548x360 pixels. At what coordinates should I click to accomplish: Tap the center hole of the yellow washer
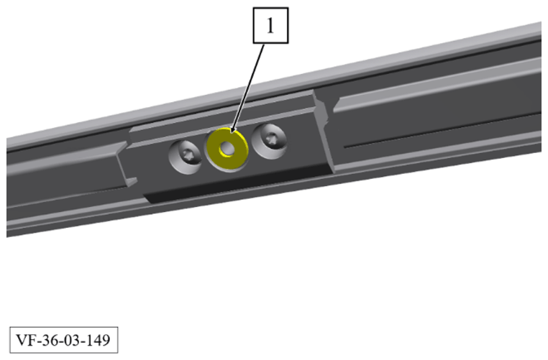click(x=227, y=149)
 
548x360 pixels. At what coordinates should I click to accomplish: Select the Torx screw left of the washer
click(x=186, y=157)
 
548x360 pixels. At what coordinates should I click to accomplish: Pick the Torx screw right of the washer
click(x=269, y=141)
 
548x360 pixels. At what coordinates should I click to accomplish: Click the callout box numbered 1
click(x=270, y=25)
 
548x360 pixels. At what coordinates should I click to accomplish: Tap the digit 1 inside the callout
click(x=270, y=25)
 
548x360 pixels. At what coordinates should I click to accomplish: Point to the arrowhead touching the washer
click(x=233, y=129)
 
